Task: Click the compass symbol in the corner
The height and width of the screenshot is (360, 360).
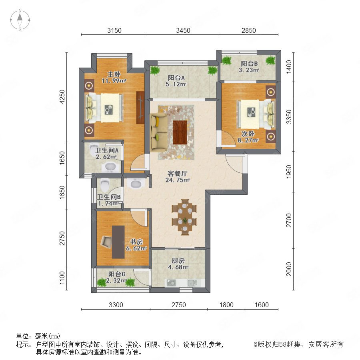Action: (20, 20)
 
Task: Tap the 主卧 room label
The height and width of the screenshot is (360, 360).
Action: (114, 74)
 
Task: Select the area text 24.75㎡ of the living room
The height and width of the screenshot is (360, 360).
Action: (178, 180)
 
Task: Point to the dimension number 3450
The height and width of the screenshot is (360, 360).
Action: (183, 30)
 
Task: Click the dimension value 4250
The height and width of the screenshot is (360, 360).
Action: (62, 96)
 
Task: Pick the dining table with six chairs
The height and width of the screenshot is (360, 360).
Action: (184, 217)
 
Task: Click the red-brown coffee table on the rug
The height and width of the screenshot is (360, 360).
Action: (180, 132)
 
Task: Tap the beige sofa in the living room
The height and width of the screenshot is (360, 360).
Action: (158, 132)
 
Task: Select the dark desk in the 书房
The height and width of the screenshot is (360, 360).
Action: (118, 242)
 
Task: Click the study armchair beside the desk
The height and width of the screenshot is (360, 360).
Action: (106, 242)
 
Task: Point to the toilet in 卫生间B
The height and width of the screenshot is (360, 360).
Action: (105, 184)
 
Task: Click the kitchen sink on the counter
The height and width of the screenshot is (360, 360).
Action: (192, 283)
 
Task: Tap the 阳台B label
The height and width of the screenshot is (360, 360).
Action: (249, 64)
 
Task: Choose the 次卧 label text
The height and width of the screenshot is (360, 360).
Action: (248, 134)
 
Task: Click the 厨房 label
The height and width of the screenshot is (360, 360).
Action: (178, 261)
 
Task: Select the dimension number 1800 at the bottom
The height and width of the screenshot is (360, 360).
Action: (226, 305)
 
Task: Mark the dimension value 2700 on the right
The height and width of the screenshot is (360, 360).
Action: (289, 220)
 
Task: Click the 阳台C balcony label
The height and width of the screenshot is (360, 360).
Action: (117, 274)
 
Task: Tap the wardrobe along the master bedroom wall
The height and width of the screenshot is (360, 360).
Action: (140, 108)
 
